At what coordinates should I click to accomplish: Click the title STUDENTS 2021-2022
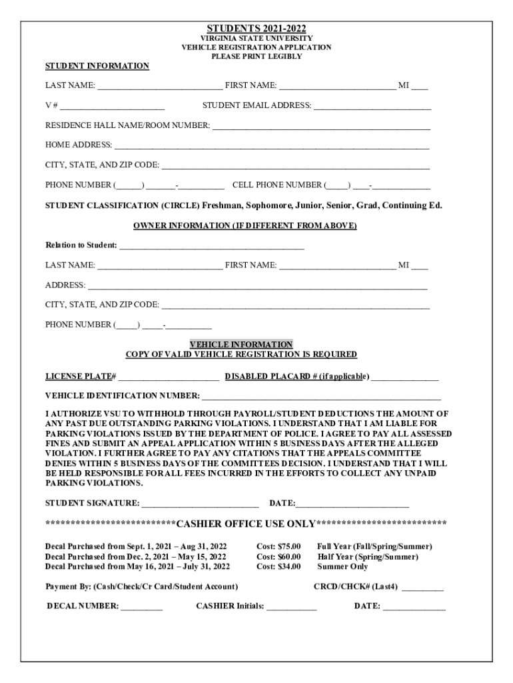(256, 29)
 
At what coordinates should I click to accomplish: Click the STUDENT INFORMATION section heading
(97, 66)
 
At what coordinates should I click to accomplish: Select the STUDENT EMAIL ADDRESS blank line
(372, 106)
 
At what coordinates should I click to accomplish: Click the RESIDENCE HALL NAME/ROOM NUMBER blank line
(321, 126)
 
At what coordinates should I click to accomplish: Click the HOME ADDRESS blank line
(272, 145)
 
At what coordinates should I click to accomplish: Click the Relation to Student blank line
(212, 246)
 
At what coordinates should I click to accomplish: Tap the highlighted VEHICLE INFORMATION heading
(241, 345)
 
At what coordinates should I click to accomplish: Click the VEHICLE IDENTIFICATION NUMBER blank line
(322, 397)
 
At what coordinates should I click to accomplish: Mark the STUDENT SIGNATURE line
(201, 504)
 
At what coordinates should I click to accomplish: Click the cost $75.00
(278, 546)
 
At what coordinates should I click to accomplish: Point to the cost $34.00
(278, 567)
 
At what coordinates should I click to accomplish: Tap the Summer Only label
(342, 567)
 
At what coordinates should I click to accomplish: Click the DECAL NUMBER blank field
(142, 607)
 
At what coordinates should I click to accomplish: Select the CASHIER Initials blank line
(292, 607)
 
